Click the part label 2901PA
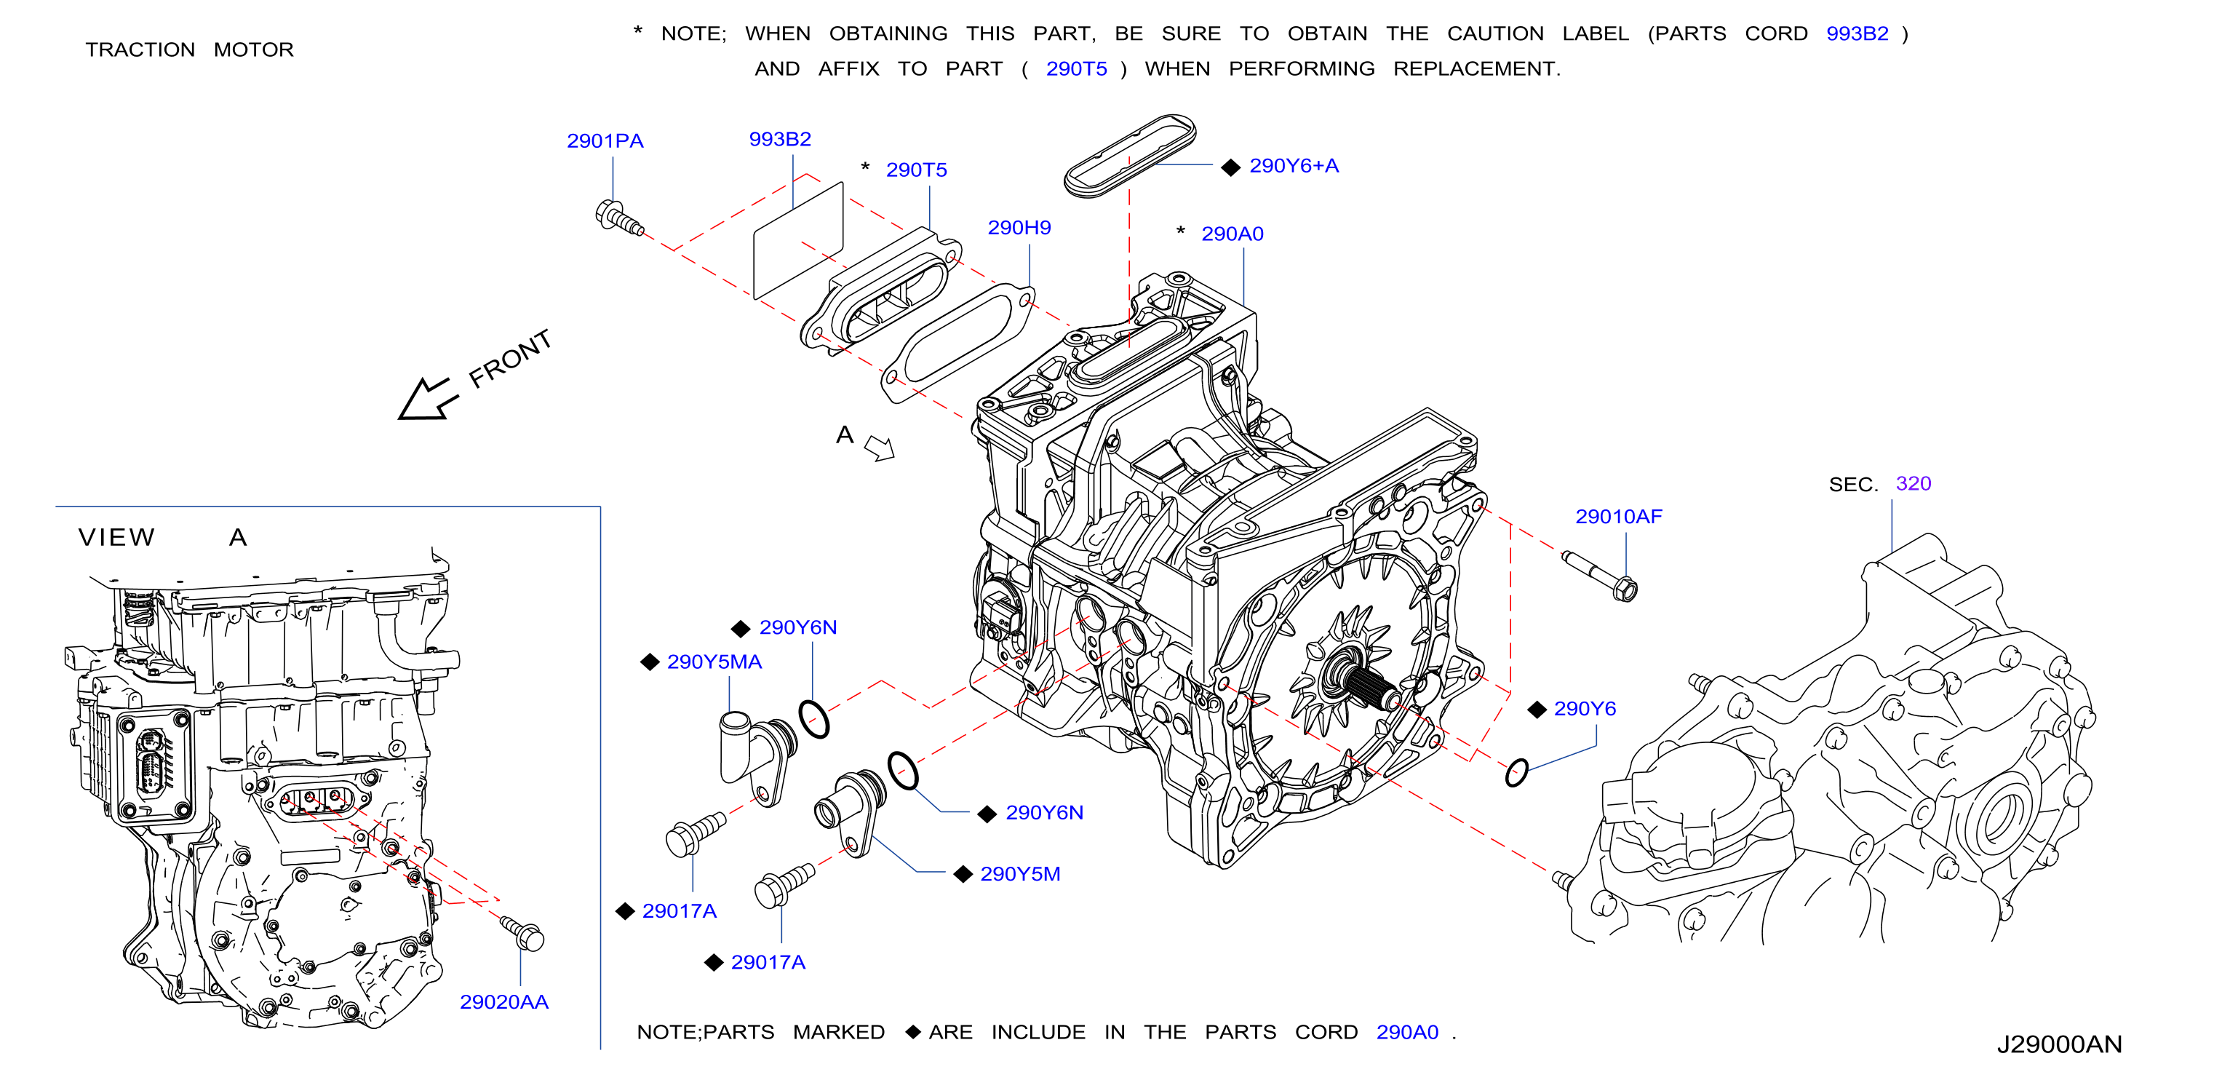(605, 140)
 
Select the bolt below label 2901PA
(618, 218)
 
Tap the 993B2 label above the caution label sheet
(780, 139)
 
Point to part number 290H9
(1019, 228)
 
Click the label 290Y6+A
(1293, 166)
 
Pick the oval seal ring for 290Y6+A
(1129, 155)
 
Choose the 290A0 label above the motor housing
(1232, 234)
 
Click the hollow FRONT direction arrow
(426, 400)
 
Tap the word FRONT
(510, 358)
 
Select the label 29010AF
(1618, 517)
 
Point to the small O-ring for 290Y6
(1516, 772)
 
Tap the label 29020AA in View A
(503, 1001)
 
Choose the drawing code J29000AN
(2058, 1044)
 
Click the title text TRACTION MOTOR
(189, 49)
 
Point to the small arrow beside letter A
(880, 448)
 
